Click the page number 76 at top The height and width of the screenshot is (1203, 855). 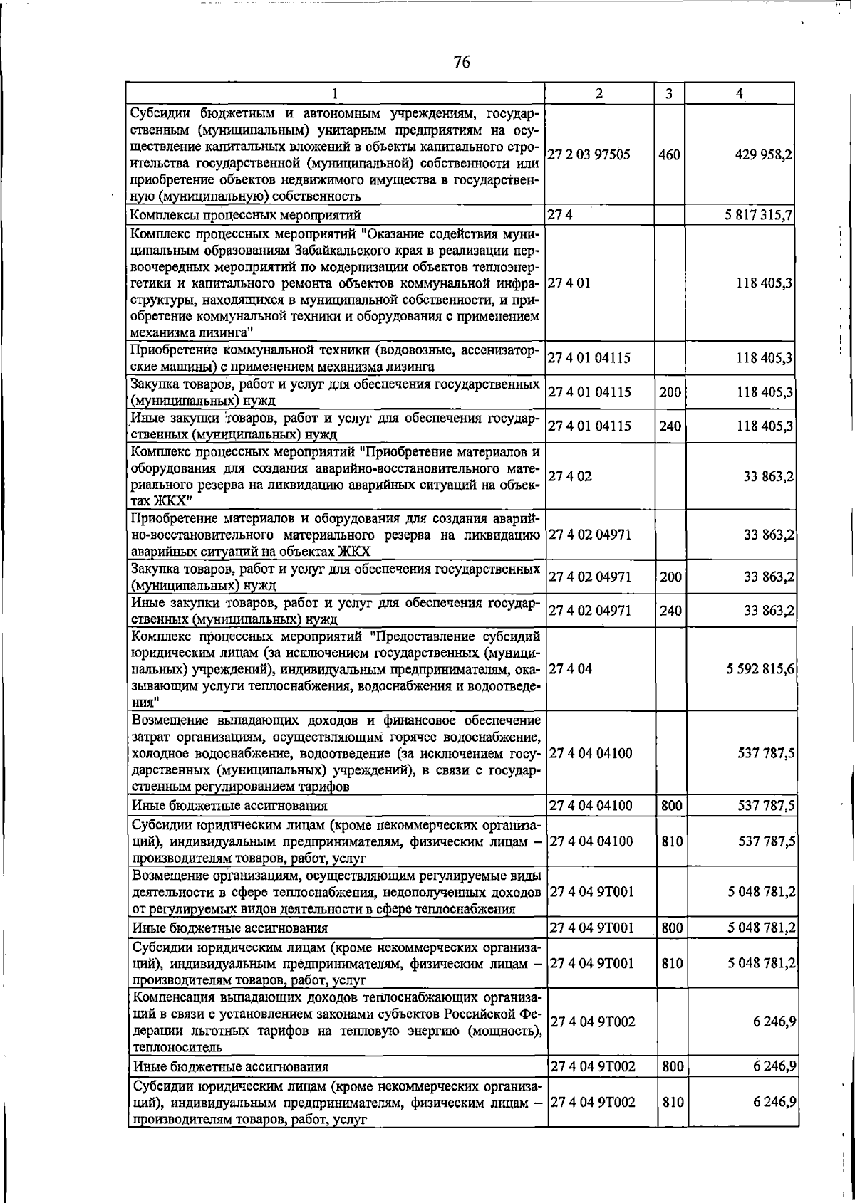461,62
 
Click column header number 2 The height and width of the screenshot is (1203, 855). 599,93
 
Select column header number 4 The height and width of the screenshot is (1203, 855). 740,93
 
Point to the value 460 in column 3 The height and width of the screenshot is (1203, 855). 669,155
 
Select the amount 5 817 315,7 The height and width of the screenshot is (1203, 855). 758,215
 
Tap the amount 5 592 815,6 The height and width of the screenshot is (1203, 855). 760,669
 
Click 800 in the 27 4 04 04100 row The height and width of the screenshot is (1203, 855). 671,806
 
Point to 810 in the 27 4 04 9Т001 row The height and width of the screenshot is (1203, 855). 672,963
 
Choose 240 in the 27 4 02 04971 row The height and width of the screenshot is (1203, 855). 670,611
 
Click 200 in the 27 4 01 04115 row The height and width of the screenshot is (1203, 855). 670,392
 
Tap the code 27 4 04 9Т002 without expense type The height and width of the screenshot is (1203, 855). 592,1021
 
